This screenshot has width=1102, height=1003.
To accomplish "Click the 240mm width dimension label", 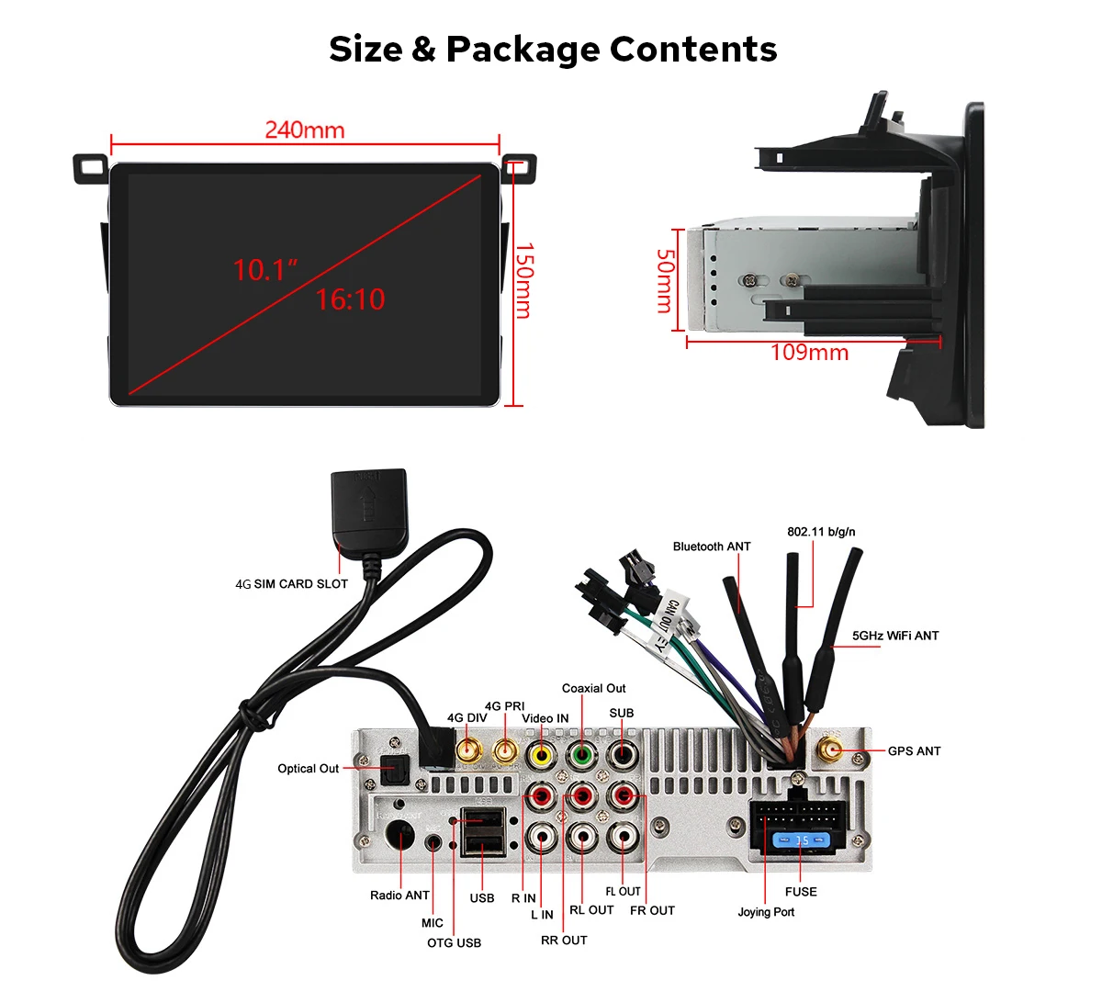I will tap(305, 130).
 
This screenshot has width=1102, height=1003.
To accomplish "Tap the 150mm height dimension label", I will tap(523, 281).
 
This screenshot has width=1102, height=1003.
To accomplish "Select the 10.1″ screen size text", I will tap(265, 270).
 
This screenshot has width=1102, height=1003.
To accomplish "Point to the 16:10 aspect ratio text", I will tap(350, 299).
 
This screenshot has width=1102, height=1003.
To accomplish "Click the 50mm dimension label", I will tap(665, 281).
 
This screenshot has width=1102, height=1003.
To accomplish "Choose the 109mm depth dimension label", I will tap(809, 353).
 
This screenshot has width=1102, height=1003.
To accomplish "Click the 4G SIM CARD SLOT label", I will tap(292, 584).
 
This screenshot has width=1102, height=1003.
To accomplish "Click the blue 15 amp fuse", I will tap(801, 840).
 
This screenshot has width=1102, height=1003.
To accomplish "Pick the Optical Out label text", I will tap(309, 769).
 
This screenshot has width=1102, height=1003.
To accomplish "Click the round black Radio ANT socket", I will tap(400, 837).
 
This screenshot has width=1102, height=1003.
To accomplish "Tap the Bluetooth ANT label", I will tap(712, 547).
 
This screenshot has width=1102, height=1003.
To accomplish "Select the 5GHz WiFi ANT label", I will tap(895, 636).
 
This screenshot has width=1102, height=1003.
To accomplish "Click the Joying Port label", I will tap(766, 912).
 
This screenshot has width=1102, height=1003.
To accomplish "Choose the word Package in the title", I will tap(523, 50).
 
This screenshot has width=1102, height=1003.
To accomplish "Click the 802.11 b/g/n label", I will tap(821, 532).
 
